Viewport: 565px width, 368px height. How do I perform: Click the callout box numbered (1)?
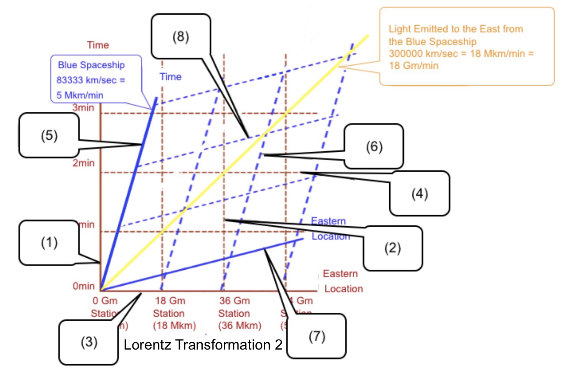click(x=49, y=242)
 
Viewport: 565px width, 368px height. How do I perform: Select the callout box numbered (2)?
click(x=393, y=248)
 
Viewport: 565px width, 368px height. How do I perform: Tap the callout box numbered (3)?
click(x=89, y=342)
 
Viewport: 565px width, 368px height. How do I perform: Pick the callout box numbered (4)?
click(x=420, y=193)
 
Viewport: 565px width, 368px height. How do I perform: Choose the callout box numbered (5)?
click(x=49, y=135)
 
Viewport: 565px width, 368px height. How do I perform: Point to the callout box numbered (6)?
click(x=374, y=146)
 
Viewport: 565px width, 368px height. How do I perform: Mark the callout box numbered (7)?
click(x=317, y=336)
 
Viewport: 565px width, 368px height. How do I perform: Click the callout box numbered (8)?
click(x=181, y=36)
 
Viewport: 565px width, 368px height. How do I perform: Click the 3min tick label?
click(x=83, y=108)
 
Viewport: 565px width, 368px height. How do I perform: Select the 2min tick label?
click(x=84, y=163)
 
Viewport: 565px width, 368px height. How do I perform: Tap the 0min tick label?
click(x=84, y=286)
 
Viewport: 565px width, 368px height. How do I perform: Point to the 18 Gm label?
click(x=170, y=300)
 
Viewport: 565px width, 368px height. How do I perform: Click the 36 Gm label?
click(x=235, y=300)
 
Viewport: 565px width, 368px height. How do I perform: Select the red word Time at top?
click(x=98, y=45)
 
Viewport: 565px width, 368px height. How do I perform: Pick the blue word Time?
click(x=170, y=77)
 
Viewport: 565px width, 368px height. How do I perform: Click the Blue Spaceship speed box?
click(x=96, y=80)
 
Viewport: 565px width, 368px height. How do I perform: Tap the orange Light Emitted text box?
click(x=466, y=46)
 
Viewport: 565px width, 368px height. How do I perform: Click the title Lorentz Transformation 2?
click(x=203, y=345)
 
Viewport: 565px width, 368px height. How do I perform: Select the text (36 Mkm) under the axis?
click(x=240, y=325)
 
